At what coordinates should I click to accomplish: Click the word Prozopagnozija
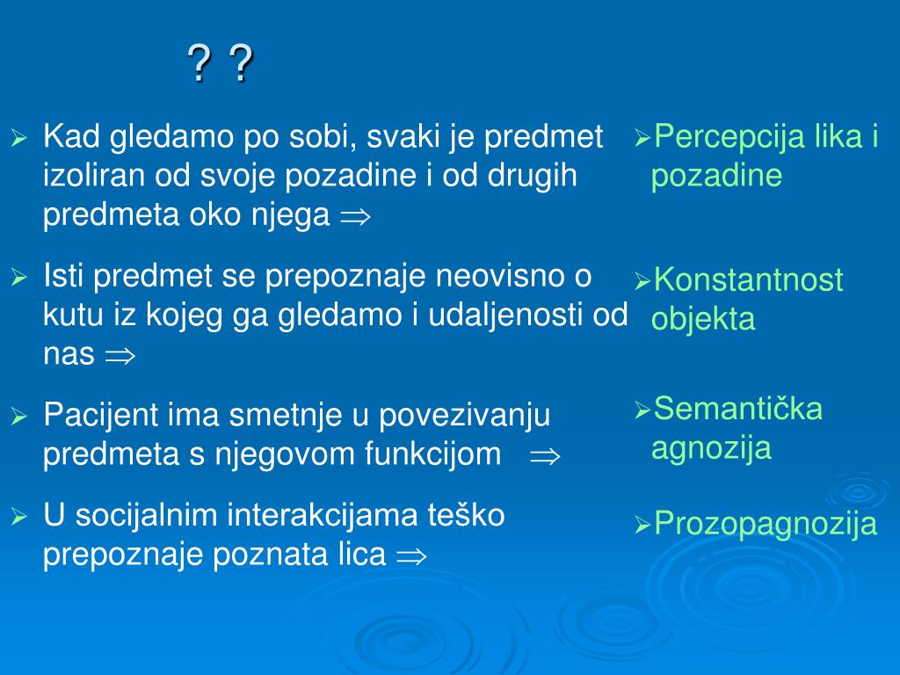766,525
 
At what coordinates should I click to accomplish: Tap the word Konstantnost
748,280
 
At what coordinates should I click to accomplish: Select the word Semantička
738,409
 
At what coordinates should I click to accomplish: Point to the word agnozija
711,448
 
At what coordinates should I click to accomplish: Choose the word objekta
703,319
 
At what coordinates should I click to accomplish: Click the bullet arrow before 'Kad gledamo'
18,138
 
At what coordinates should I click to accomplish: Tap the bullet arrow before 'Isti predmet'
18,279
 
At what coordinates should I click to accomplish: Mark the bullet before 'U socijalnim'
18,517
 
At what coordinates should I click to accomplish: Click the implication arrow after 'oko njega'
355,217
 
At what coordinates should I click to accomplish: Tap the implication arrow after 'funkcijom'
544,455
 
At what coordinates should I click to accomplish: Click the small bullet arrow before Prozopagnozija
642,526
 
